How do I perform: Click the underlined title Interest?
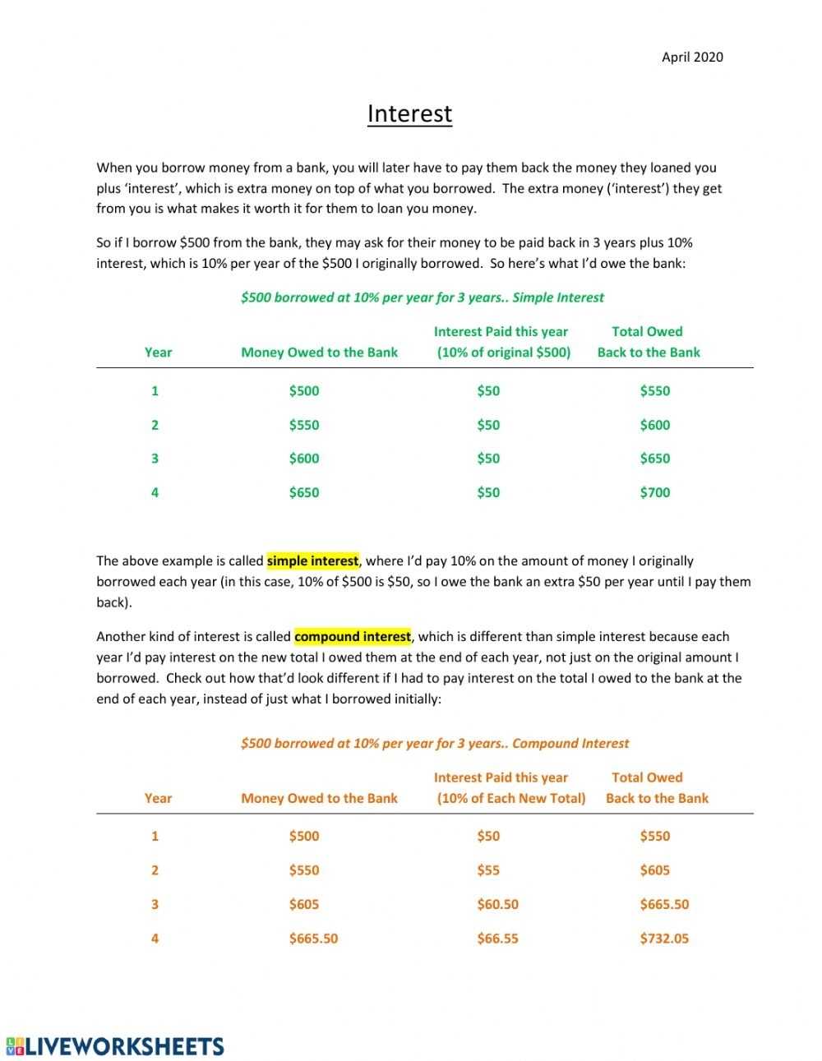coord(409,114)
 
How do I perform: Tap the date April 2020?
coord(692,57)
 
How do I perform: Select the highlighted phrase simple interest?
coord(312,561)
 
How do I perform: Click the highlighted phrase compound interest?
coord(352,637)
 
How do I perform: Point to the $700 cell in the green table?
coord(654,493)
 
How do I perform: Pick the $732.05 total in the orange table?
coord(664,939)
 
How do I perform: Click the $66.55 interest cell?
coord(497,939)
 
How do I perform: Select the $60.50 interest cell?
coord(497,905)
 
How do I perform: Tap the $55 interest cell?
coord(488,870)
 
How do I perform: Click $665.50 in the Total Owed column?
coord(664,905)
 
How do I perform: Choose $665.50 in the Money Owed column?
coord(313,939)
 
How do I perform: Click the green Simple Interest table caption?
coord(422,298)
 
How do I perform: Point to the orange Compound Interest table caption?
coord(434,744)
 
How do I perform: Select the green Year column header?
coord(158,353)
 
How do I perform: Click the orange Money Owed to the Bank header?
coord(319,799)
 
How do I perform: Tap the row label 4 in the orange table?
coord(155,939)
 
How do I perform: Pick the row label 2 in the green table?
coord(155,426)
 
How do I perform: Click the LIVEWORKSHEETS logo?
coord(115,1046)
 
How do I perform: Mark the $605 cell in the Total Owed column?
coord(654,870)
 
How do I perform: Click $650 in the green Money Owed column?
coord(303,493)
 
